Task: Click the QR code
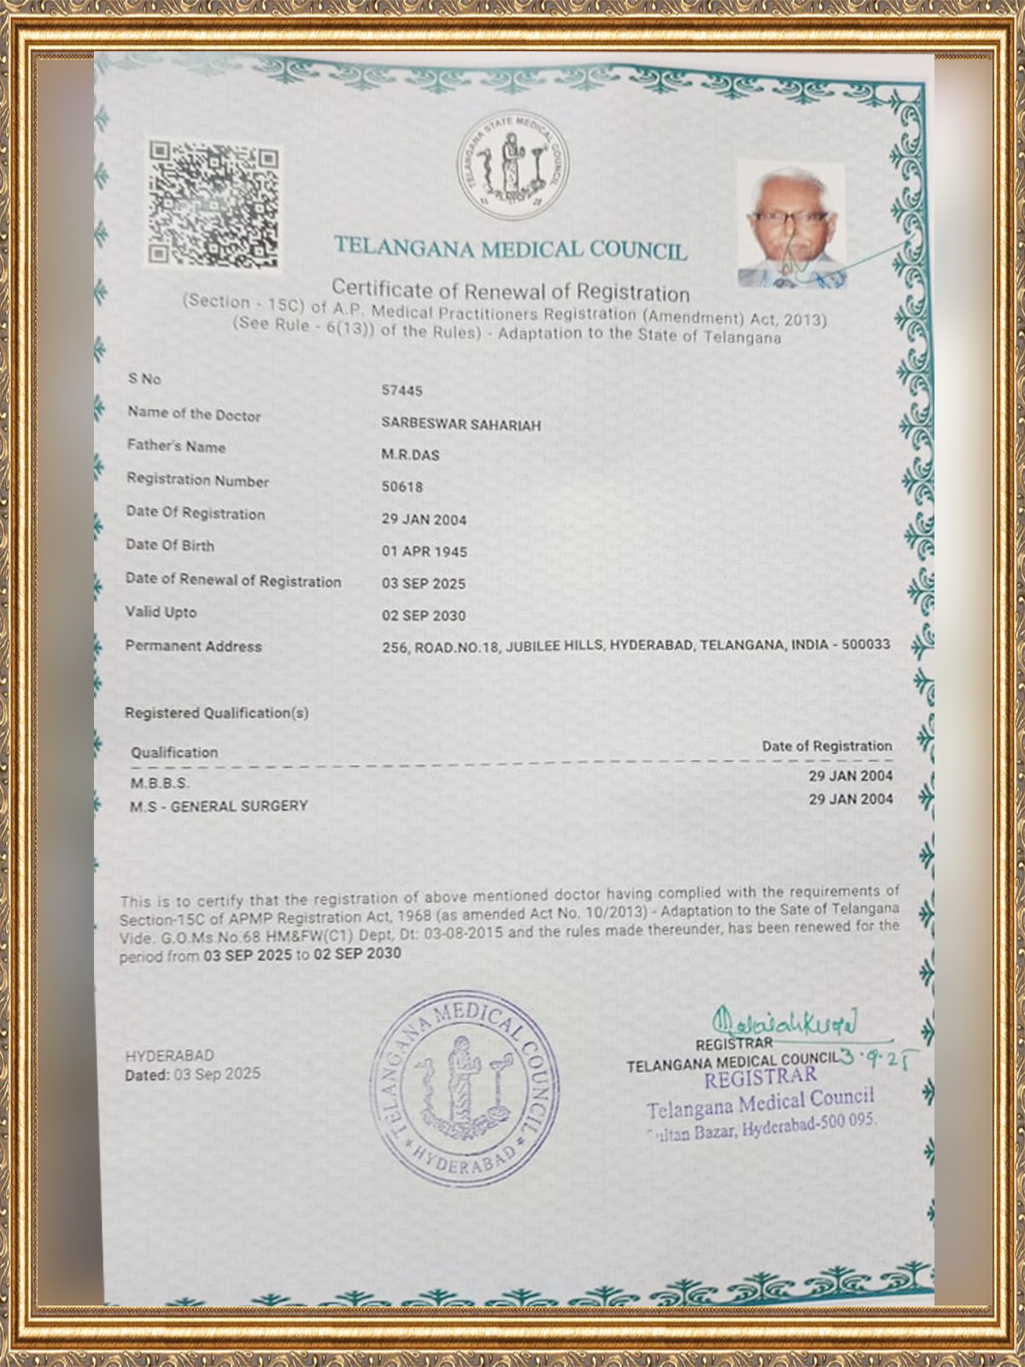214,203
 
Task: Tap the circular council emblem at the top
512,165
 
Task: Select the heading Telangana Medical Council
510,249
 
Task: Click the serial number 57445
401,390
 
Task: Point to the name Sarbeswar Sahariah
460,425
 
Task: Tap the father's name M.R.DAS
410,455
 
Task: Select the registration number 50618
401,487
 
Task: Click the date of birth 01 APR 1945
424,552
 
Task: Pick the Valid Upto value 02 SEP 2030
424,616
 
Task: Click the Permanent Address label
193,646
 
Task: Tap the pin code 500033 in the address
865,644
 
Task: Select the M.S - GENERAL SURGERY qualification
219,806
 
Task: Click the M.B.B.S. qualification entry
160,783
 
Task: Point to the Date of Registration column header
826,746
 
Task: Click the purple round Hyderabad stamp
464,1089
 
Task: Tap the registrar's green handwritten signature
784,1022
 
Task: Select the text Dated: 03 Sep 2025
192,1075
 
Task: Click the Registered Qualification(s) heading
216,713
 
